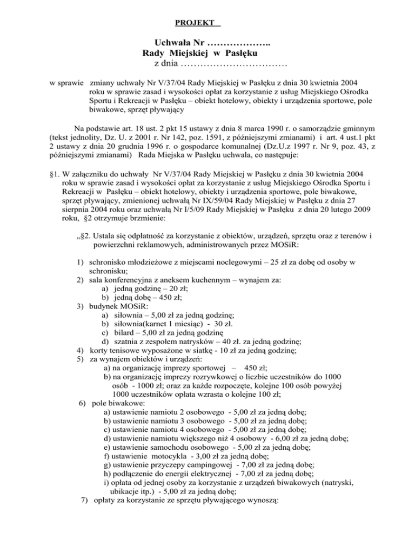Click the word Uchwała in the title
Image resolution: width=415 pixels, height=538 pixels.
click(172, 42)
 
